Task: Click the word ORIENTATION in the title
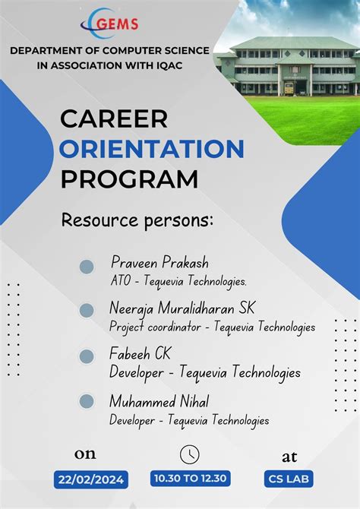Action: point(152,148)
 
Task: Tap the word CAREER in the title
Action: point(113,119)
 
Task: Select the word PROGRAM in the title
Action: point(129,179)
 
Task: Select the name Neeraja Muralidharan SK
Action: point(182,308)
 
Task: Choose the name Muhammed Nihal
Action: point(159,400)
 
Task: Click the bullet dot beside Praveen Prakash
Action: point(87,267)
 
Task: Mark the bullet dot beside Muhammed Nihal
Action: point(87,402)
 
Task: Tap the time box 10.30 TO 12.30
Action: point(190,479)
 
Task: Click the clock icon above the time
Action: point(189,454)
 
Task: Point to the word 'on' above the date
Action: point(85,454)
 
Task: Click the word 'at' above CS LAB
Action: point(289,456)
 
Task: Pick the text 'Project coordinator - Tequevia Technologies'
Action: point(212,327)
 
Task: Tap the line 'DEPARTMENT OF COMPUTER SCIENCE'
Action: point(109,50)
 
